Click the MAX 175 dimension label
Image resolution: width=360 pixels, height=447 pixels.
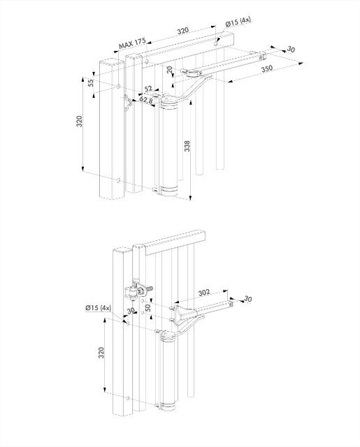131,43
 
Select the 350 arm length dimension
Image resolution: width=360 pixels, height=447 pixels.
266,71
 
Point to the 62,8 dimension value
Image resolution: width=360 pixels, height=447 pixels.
146,100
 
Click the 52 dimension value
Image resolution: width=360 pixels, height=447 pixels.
148,89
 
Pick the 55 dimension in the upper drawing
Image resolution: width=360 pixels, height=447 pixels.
91,82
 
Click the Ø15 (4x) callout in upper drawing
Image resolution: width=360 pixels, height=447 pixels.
238,23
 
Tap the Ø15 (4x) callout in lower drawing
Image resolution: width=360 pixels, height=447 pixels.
97,307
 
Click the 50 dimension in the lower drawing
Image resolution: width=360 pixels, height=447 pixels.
147,307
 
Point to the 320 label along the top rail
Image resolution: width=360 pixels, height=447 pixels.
182,31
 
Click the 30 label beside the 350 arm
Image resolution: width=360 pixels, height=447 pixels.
291,50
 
